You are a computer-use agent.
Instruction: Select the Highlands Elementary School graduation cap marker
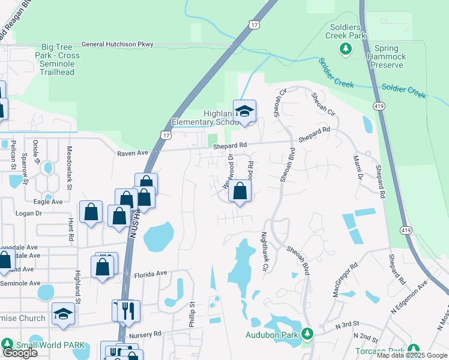244,111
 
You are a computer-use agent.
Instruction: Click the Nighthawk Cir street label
264,252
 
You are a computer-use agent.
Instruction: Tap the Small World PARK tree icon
7,344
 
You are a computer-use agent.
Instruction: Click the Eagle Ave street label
48,202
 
